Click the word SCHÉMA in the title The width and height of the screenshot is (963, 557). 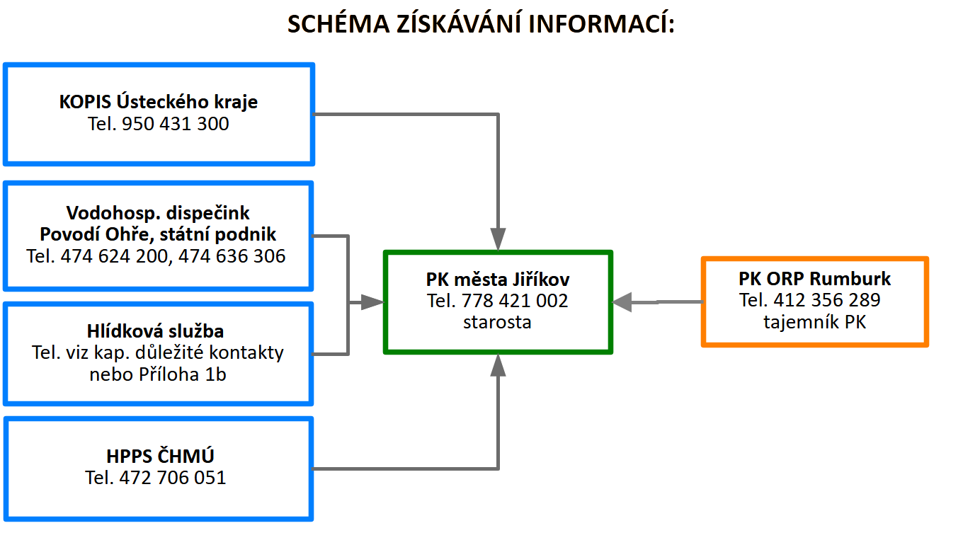[x=338, y=23]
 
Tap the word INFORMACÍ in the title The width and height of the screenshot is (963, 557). [x=601, y=23]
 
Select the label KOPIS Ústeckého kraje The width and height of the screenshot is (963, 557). [x=158, y=103]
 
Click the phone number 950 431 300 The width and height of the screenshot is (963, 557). [x=176, y=124]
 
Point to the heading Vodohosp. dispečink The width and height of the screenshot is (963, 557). [x=158, y=213]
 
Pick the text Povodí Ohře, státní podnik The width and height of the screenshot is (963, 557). [x=158, y=235]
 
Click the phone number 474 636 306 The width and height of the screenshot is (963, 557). [x=232, y=256]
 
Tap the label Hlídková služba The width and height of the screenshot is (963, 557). [x=155, y=331]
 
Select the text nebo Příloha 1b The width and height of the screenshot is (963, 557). [x=158, y=374]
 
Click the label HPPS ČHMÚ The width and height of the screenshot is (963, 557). [x=160, y=456]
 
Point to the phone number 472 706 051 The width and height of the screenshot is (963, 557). [x=172, y=478]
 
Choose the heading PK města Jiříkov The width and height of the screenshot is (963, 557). [x=497, y=280]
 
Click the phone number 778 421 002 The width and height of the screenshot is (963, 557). [x=515, y=301]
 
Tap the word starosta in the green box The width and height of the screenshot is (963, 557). [x=497, y=322]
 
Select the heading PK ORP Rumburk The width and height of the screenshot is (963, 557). [x=814, y=279]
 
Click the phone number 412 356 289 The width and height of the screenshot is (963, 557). [x=827, y=300]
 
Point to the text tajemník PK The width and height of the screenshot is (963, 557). [x=814, y=322]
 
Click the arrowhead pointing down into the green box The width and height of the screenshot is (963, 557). [x=498, y=239]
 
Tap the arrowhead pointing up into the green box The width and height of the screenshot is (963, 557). [x=498, y=365]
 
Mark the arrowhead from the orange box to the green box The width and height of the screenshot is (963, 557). [x=622, y=302]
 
